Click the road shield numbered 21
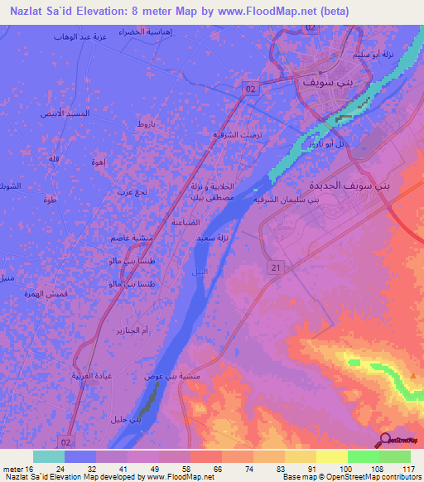click(276, 267)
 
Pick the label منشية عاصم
click(131, 239)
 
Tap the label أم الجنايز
click(134, 330)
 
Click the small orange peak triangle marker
click(413, 376)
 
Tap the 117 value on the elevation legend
click(407, 469)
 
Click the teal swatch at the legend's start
click(48, 456)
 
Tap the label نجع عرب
click(132, 192)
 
